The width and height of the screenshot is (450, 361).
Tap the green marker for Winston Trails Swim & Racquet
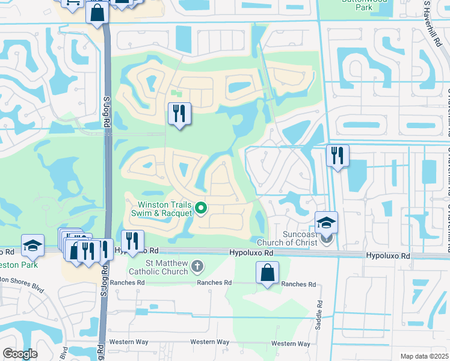(x=202, y=209)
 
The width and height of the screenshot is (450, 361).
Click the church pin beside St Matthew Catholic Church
(x=197, y=266)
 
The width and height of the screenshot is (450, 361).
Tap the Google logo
(x=20, y=354)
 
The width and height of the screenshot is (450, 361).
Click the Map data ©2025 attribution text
(x=424, y=357)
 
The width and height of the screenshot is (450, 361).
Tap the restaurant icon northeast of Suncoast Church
(x=337, y=156)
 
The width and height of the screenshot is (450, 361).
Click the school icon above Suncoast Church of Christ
(x=326, y=222)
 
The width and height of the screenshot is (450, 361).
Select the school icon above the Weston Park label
(x=32, y=245)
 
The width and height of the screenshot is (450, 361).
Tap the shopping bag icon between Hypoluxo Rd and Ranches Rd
(x=267, y=273)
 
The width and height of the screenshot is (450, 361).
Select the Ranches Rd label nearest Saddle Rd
(x=298, y=284)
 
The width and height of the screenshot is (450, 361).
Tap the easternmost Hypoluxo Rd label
(x=388, y=256)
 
